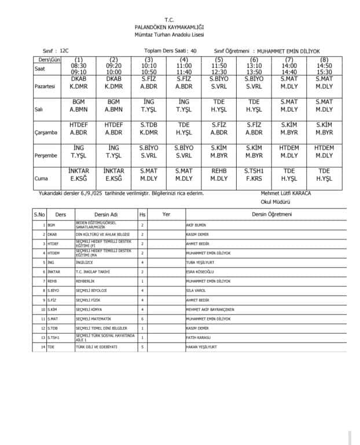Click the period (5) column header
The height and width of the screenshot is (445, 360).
(219, 60)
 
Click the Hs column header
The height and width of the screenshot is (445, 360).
(142, 214)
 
